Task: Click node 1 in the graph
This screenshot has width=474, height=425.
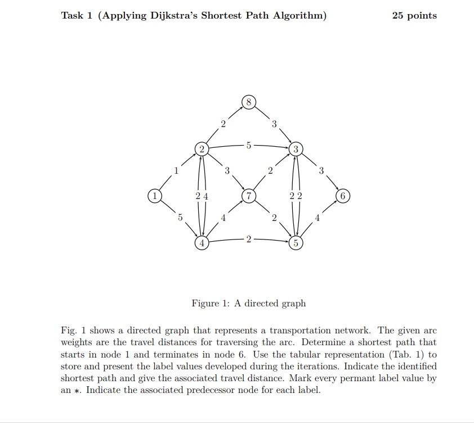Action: coord(154,196)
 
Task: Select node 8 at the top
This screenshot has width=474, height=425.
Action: coord(249,102)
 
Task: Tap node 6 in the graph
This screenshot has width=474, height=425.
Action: coord(343,196)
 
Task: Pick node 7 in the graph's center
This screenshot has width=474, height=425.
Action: coord(249,196)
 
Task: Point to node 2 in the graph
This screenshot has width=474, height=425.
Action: coord(202,149)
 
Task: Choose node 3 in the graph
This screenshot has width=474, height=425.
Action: coord(296,149)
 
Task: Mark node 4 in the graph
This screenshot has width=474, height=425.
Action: coord(202,243)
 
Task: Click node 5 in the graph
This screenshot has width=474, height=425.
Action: coord(296,243)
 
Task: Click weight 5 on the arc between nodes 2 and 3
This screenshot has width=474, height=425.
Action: coord(248,145)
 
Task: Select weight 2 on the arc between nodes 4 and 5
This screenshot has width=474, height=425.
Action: coord(248,239)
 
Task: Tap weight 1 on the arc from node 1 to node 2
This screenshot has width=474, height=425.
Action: coord(176,171)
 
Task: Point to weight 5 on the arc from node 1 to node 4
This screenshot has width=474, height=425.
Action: coord(180,218)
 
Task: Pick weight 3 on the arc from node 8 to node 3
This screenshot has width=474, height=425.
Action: coord(274,124)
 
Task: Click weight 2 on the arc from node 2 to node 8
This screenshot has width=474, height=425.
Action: coord(223,124)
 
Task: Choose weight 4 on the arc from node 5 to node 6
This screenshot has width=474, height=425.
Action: coord(317,218)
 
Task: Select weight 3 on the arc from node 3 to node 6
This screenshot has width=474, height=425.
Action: coord(321,171)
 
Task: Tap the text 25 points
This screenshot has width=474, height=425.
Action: coord(414,16)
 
